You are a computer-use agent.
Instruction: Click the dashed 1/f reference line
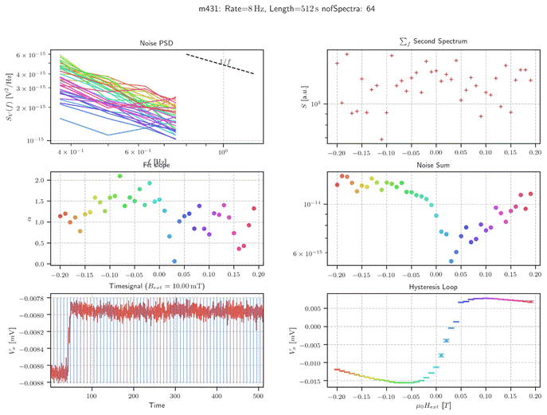tap(221, 64)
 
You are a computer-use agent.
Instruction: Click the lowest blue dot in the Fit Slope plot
tap(174, 260)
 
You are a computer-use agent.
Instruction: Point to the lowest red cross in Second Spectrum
tap(381, 139)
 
